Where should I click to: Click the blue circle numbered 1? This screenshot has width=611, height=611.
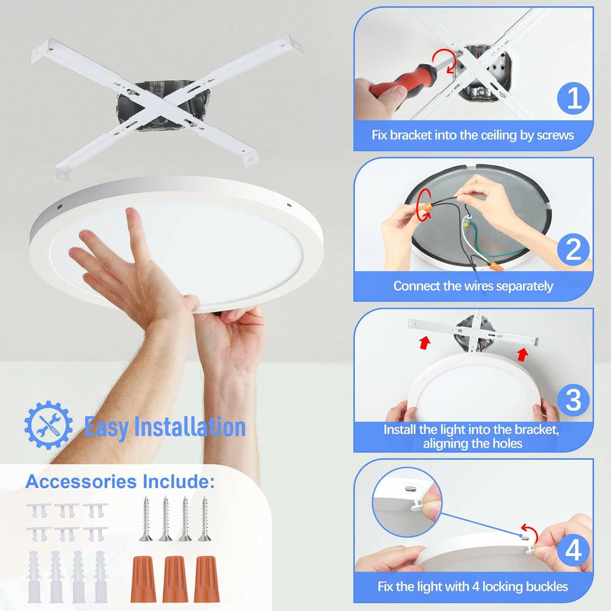tap(573, 98)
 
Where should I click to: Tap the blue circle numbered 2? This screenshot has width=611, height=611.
tap(573, 249)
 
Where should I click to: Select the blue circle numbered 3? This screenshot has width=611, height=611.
tap(573, 400)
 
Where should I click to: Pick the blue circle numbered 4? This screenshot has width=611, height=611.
tap(573, 551)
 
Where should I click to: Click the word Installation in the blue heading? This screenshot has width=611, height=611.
tap(190, 427)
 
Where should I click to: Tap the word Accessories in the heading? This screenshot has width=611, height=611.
tap(81, 482)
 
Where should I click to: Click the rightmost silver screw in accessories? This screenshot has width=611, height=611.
tap(204, 518)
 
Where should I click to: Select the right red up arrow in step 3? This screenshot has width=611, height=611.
tap(522, 354)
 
